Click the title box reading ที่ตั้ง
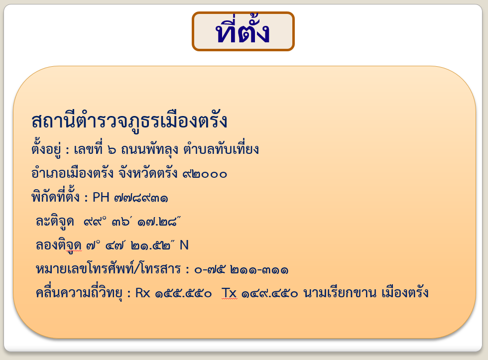[243, 32]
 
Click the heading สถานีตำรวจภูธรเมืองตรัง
[129, 121]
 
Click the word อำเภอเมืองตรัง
[73, 174]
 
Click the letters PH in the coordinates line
[101, 198]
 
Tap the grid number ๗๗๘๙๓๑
[140, 198]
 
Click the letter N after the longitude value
[184, 245]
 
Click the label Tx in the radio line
[229, 293]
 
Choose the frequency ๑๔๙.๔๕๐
[270, 293]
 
